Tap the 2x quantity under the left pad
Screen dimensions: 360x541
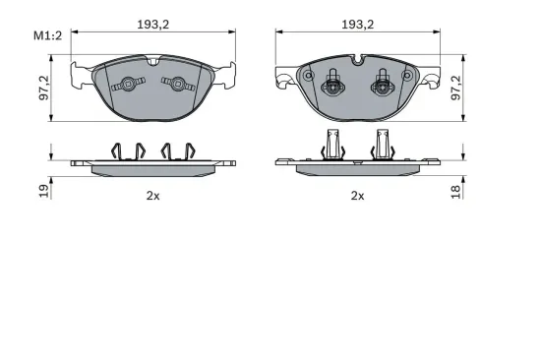pos(153,195)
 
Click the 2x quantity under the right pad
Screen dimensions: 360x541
pos(357,195)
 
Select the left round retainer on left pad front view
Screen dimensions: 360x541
pos(126,86)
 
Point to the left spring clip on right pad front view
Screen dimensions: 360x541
pos(334,86)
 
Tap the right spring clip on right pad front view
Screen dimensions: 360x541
pos(378,86)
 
